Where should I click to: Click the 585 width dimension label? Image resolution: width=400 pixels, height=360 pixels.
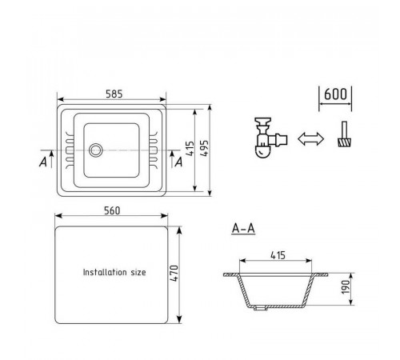point(114,94)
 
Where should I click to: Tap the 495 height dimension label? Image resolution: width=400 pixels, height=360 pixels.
point(204,148)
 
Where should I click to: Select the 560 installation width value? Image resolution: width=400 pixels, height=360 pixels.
point(112,210)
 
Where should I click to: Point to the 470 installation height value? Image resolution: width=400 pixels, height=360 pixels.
point(174,274)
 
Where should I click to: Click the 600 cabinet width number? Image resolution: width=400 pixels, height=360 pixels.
point(335,94)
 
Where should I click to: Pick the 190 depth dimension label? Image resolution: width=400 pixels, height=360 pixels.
point(346,287)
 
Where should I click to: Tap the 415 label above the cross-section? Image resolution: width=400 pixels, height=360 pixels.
point(278,255)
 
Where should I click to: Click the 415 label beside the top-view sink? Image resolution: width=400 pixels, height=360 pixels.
point(190,149)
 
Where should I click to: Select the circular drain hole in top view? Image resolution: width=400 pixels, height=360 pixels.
point(95,150)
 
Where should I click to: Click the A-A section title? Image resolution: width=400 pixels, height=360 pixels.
point(243,229)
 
